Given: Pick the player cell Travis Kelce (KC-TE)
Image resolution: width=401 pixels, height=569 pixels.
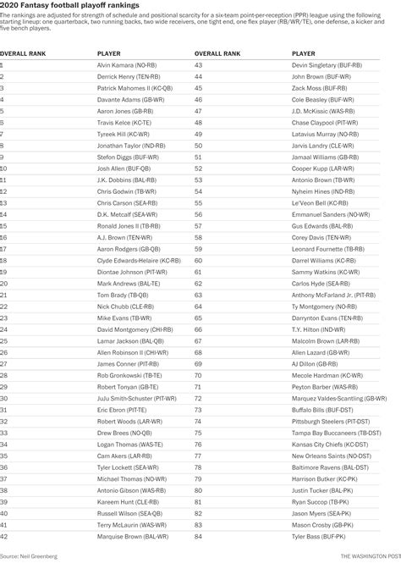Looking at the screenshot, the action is coord(123,122).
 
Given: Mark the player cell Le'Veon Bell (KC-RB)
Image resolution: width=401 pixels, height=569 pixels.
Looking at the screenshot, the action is coord(315,203).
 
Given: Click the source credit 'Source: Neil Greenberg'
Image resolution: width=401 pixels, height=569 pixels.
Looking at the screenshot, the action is coord(25,555).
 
